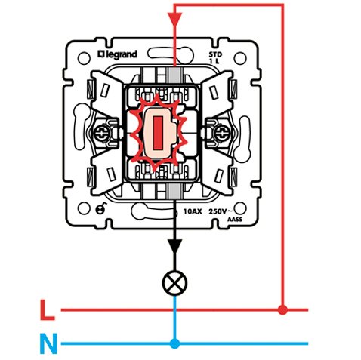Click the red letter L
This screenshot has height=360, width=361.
point(48,310)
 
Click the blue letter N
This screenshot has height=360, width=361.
point(48,343)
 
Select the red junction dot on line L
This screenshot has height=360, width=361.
point(282,310)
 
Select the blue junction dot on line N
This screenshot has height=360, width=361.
point(174,343)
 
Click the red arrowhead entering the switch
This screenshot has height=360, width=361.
point(175,18)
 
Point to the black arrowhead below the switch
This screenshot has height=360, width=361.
point(175,246)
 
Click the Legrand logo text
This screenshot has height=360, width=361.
point(117,54)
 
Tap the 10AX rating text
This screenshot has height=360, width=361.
point(193,211)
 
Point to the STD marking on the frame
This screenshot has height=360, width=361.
point(215,54)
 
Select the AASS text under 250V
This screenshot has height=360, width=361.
point(235,220)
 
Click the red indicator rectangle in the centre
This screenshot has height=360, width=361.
point(158,133)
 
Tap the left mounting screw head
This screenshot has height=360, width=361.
point(102,132)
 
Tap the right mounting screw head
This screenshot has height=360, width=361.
point(221,132)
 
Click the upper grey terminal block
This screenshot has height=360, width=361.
point(174,76)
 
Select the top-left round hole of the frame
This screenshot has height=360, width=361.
point(84,58)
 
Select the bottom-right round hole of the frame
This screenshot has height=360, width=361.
point(240,208)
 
